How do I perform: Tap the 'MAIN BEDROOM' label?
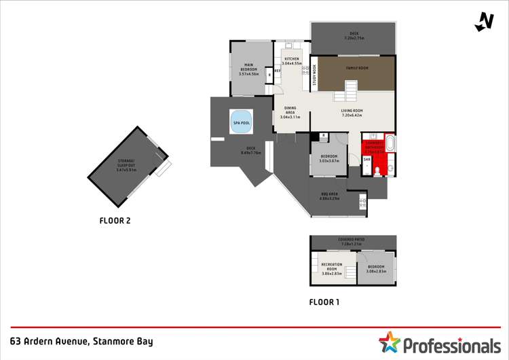click(x=250, y=68)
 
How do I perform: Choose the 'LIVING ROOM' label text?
click(x=352, y=113)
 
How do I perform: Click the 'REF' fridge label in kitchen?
click(x=277, y=70)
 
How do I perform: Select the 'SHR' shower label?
click(x=366, y=160)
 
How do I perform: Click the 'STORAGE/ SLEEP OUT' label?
click(x=126, y=165)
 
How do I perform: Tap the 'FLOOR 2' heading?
click(x=115, y=220)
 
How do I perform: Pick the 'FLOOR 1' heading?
click(x=324, y=302)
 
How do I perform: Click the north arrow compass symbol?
click(x=484, y=22)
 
